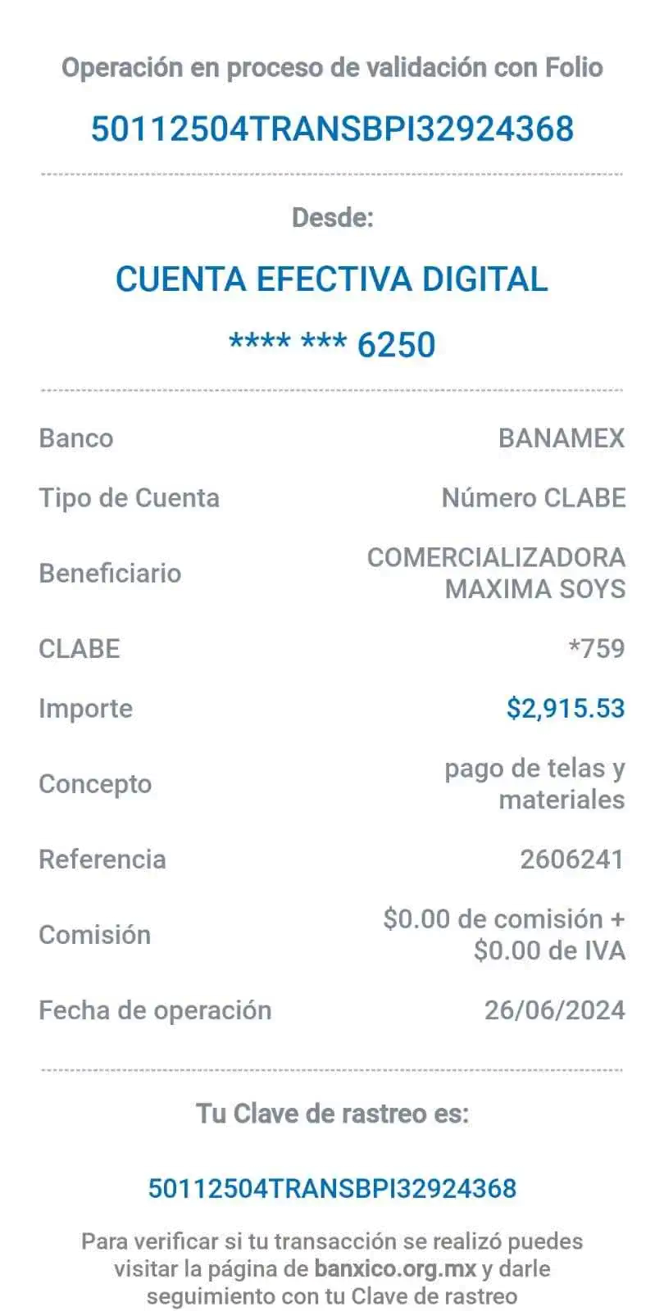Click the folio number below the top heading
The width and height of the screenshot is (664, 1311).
click(332, 129)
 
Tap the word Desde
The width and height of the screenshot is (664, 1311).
click(332, 218)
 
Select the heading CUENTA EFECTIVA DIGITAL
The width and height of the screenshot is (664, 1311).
click(332, 279)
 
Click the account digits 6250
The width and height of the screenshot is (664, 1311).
click(397, 345)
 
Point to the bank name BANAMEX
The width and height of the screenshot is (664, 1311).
click(562, 438)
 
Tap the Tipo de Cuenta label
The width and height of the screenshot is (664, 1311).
click(129, 498)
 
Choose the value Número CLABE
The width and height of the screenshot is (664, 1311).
click(534, 498)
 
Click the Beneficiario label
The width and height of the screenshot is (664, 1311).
click(110, 573)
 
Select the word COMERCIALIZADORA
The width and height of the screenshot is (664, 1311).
click(497, 557)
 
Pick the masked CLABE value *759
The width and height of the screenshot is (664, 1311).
click(597, 649)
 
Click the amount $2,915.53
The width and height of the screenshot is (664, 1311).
click(566, 709)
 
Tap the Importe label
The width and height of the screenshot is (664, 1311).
click(85, 709)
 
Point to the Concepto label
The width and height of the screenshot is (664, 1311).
click(95, 784)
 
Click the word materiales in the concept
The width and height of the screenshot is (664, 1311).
click(562, 800)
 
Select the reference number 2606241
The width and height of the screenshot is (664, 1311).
click(572, 860)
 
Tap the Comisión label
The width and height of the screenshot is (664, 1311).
click(94, 935)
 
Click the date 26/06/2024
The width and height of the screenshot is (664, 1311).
click(555, 1010)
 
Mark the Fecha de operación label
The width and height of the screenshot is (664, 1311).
click(155, 1010)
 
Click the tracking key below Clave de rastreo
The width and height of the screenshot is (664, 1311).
click(332, 1189)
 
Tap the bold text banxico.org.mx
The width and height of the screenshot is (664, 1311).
click(395, 1269)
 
